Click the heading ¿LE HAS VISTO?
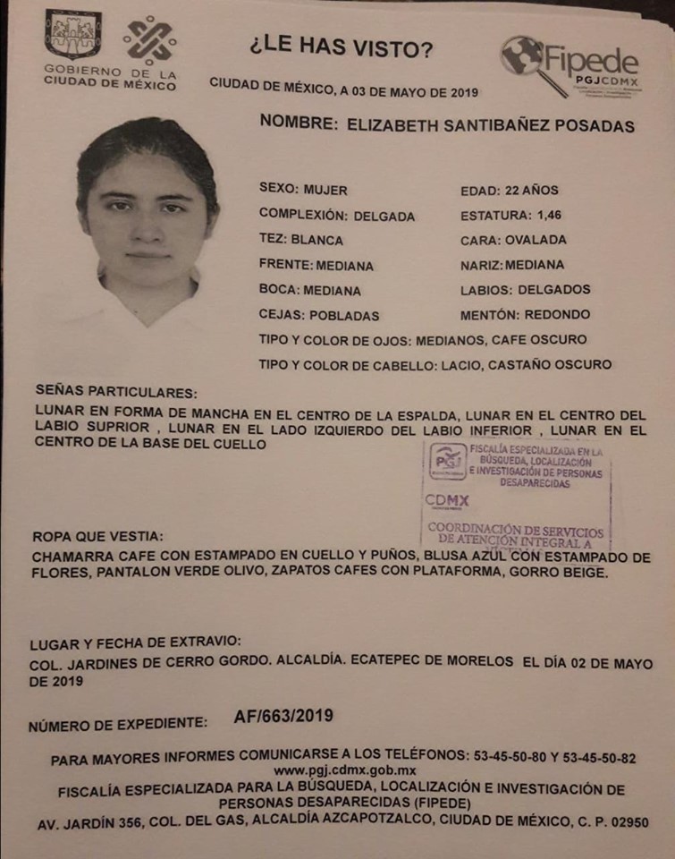pyautogui.click(x=341, y=50)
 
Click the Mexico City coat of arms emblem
pyautogui.click(x=73, y=34)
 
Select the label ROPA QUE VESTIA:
pyautogui.click(x=97, y=536)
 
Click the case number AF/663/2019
pyautogui.click(x=283, y=715)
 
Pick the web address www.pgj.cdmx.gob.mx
pyautogui.click(x=344, y=770)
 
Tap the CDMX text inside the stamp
pyautogui.click(x=447, y=501)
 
